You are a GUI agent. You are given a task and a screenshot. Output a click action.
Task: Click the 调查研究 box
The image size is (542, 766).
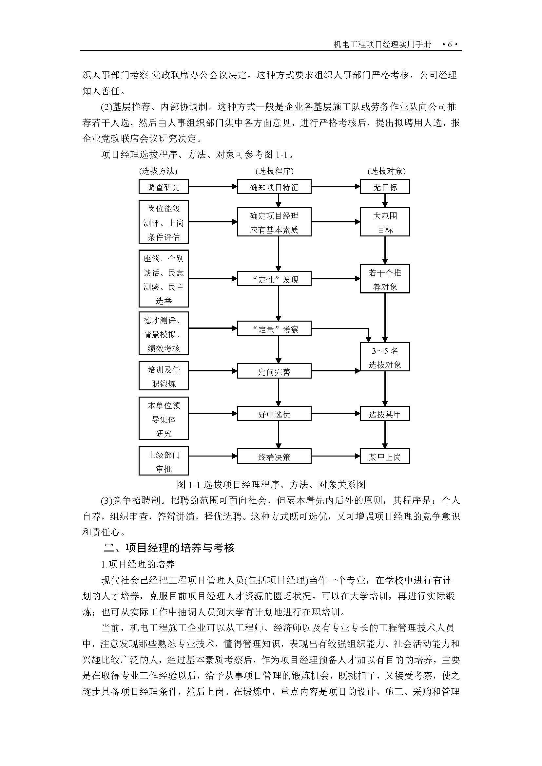pyautogui.click(x=164, y=186)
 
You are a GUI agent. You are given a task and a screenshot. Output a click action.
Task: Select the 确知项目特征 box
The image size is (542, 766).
pyautogui.click(x=274, y=186)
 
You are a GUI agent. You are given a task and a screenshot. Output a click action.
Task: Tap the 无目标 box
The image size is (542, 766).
pyautogui.click(x=384, y=186)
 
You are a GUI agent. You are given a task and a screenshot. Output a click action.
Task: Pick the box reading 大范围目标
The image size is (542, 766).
pyautogui.click(x=384, y=222)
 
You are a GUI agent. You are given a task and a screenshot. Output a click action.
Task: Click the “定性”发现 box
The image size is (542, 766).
pyautogui.click(x=274, y=279)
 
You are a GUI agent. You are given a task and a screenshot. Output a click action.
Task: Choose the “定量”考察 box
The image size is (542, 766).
pyautogui.click(x=274, y=328)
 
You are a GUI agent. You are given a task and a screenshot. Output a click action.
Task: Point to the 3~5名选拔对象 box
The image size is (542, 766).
pyautogui.click(x=384, y=357)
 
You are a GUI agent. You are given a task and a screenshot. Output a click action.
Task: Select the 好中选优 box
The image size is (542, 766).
pyautogui.click(x=274, y=414)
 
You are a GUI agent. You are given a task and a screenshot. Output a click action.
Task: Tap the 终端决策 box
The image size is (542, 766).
pyautogui.click(x=274, y=457)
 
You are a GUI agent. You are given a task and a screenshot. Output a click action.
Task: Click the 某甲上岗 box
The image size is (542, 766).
pyautogui.click(x=384, y=457)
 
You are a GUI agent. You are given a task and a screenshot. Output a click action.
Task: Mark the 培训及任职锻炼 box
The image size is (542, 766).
pyautogui.click(x=164, y=376)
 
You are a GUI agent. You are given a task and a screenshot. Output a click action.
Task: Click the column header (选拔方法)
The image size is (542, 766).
pyautogui.click(x=158, y=171)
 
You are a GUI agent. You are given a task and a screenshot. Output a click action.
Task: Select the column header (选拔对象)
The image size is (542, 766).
pyautogui.click(x=386, y=171)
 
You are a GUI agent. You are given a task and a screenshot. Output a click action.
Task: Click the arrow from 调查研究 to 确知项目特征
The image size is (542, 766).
pyautogui.click(x=213, y=186)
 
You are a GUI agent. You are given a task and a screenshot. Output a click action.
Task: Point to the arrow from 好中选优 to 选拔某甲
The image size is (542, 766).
pyautogui.click(x=336, y=414)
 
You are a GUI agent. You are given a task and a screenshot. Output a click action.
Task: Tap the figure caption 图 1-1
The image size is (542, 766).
pyautogui.click(x=271, y=484)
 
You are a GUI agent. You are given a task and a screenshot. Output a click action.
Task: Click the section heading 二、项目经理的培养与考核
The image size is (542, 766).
pyautogui.click(x=169, y=548)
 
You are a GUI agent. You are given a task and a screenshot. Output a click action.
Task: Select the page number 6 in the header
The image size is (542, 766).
pyautogui.click(x=450, y=44)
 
